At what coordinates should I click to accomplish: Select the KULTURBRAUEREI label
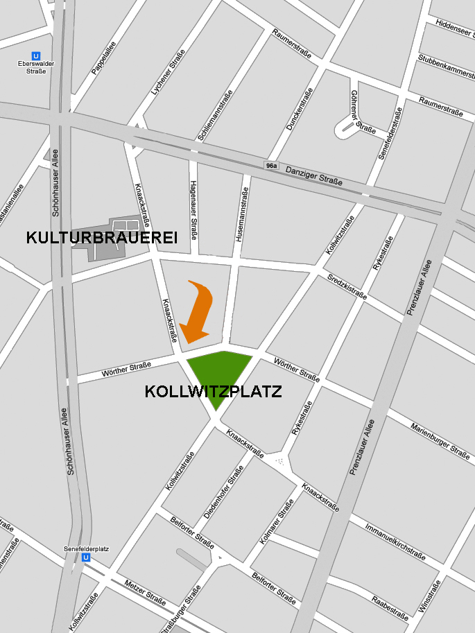point(102,237)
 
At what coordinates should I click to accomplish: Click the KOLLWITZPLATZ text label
point(214,392)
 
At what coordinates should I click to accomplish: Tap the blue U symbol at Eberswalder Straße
point(36,56)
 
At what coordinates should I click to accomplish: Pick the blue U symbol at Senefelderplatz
point(86,557)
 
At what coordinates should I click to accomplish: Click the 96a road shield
point(271,166)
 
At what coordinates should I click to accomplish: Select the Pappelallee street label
point(103,58)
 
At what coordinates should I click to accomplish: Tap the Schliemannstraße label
point(214,116)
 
